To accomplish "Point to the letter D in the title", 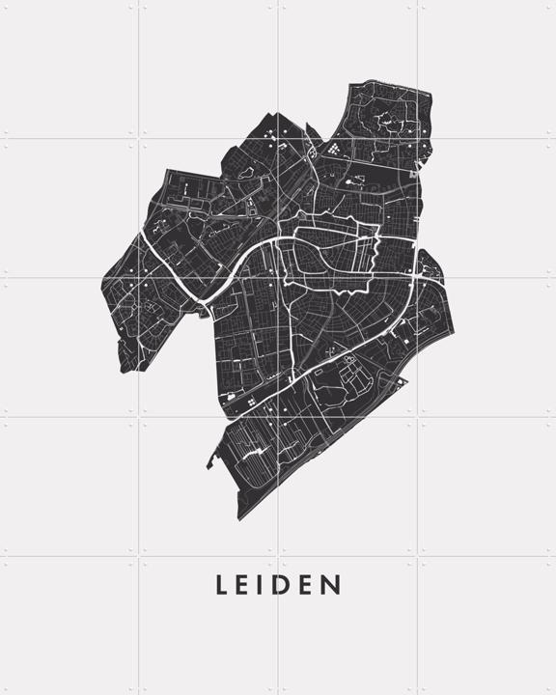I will [x=286, y=585].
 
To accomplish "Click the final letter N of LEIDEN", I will [x=332, y=585].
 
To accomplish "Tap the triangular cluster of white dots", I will [x=334, y=150].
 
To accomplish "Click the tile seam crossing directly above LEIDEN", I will [x=278, y=556].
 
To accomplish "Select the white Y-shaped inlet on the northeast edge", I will [x=418, y=166].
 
